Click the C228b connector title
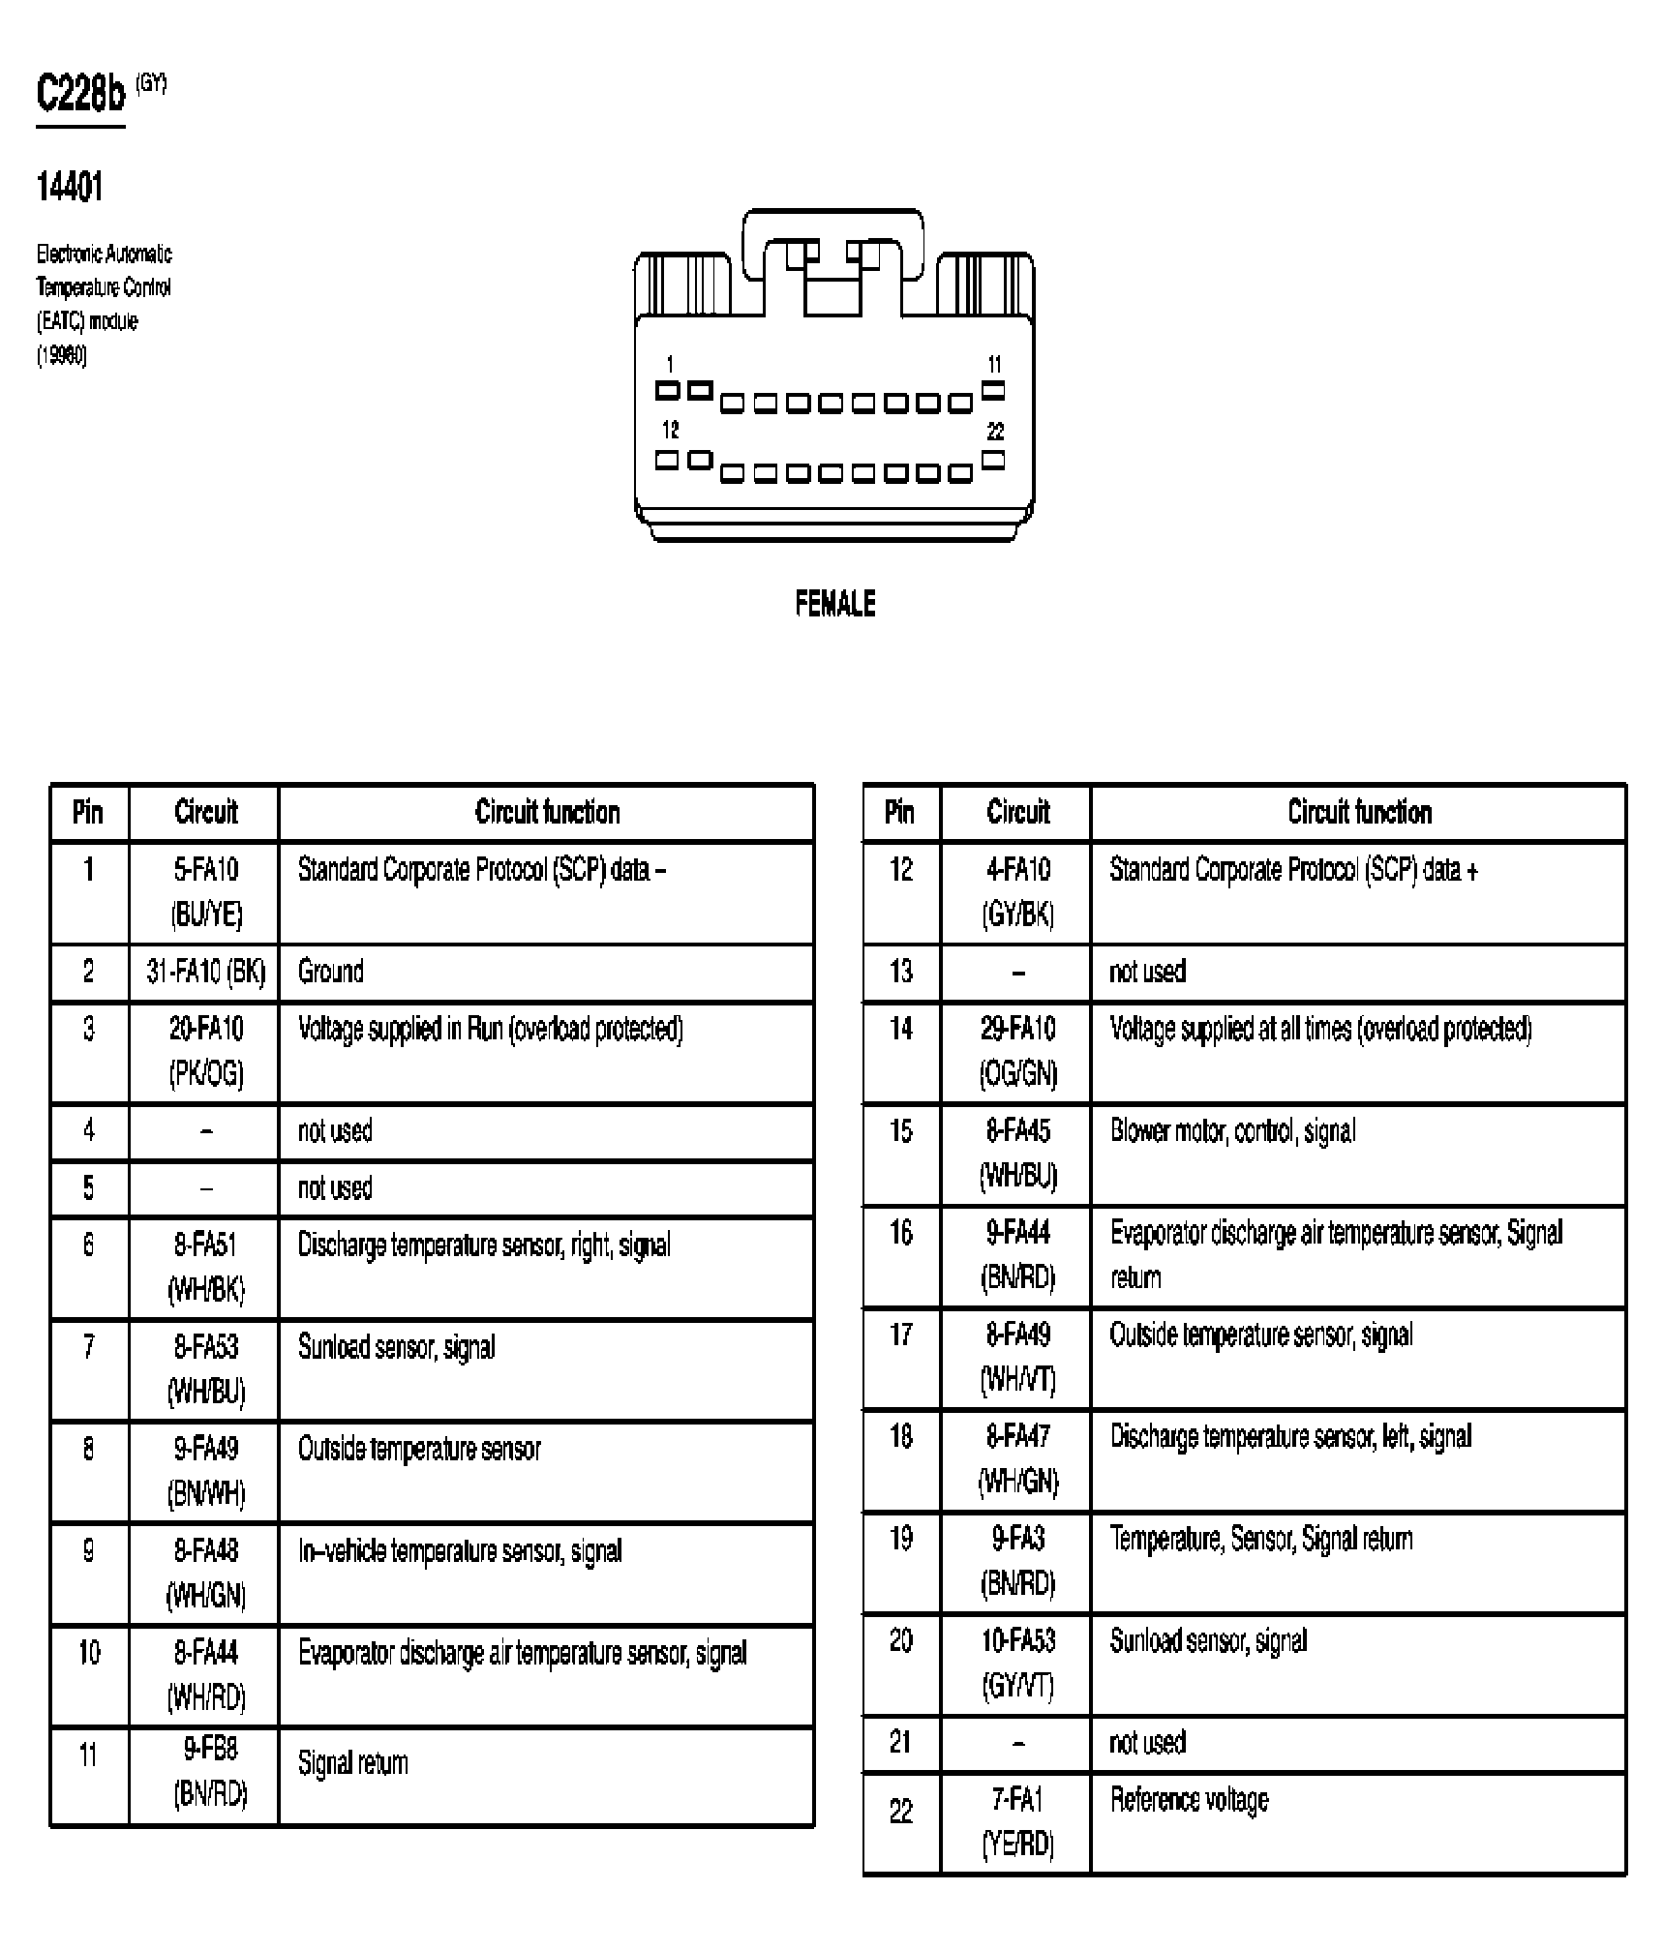point(81,95)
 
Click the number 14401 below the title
point(69,187)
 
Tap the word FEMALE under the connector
point(834,604)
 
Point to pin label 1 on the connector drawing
point(670,365)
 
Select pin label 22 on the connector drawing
point(995,432)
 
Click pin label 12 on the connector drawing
point(670,430)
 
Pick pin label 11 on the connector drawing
point(995,365)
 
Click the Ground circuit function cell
point(331,972)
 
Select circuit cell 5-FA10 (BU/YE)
point(205,891)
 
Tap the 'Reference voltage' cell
point(1189,1800)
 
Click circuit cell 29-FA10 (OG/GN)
point(1017,1051)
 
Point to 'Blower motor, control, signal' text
point(1232,1131)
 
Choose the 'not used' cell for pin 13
point(1147,972)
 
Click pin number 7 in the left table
point(88,1346)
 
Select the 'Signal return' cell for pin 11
point(352,1763)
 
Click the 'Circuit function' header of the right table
point(1359,812)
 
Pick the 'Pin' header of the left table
point(88,812)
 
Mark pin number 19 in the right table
point(900,1539)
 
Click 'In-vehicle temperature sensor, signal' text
point(460,1551)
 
